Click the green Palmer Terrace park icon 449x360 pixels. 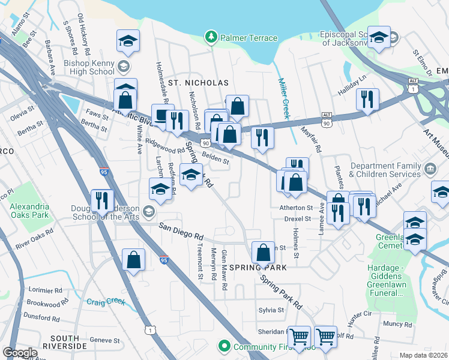click(x=211, y=38)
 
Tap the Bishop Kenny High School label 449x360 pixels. click(x=89, y=66)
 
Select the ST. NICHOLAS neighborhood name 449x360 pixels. click(x=198, y=82)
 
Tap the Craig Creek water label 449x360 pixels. click(x=105, y=302)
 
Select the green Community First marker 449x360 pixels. click(x=224, y=346)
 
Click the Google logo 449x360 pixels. click(x=20, y=353)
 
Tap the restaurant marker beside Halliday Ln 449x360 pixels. click(x=367, y=99)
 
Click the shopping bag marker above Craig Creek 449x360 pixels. click(x=133, y=260)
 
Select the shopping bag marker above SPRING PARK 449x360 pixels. click(x=263, y=252)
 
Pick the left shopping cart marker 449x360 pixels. click(x=299, y=337)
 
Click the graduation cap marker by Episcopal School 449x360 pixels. click(x=379, y=37)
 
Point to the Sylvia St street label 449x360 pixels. click(x=271, y=310)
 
